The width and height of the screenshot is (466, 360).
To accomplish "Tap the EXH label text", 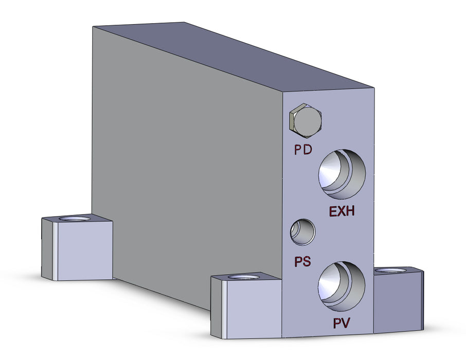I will pos(342,211).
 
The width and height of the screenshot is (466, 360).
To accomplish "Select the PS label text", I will pos(302,261).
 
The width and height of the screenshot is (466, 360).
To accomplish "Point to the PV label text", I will pos(342,323).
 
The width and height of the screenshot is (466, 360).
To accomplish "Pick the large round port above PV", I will pos(342,286).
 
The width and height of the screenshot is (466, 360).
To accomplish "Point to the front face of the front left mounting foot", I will pos(253,310).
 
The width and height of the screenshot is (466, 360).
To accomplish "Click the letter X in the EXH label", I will pos(342,211).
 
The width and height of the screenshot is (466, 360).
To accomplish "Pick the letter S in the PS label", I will pos(307,261).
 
